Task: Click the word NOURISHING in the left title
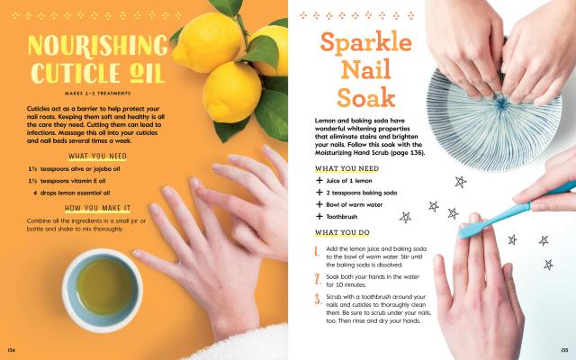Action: tap(98, 45)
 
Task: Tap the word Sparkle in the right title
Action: tap(366, 42)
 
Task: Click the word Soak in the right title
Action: tap(366, 97)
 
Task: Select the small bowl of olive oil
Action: tap(102, 290)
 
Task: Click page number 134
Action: tap(12, 350)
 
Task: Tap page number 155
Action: tap(564, 350)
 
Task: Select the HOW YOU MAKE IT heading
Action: tap(98, 208)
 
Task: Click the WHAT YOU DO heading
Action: tap(342, 232)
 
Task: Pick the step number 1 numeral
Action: tap(317, 251)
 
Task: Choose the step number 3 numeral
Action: tap(318, 299)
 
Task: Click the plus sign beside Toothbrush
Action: tap(319, 216)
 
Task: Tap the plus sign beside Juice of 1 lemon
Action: tap(319, 180)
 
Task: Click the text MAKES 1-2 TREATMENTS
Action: tap(98, 94)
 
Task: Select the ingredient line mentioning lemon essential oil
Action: tap(71, 193)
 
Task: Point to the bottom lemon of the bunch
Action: tap(232, 92)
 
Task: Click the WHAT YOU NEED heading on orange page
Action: tap(98, 157)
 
